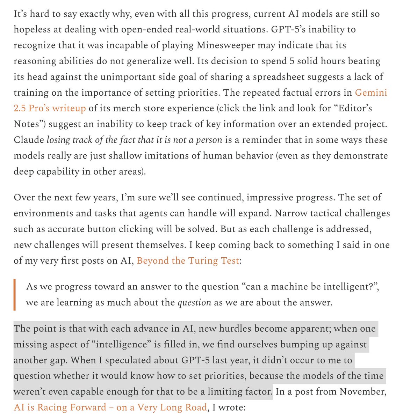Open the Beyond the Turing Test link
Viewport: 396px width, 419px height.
click(188, 260)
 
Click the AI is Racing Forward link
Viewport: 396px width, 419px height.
click(110, 407)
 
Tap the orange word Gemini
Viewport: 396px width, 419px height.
click(371, 93)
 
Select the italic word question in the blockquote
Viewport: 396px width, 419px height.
click(194, 302)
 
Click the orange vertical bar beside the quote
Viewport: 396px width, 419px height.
click(15, 294)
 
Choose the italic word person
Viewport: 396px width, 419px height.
click(209, 140)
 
